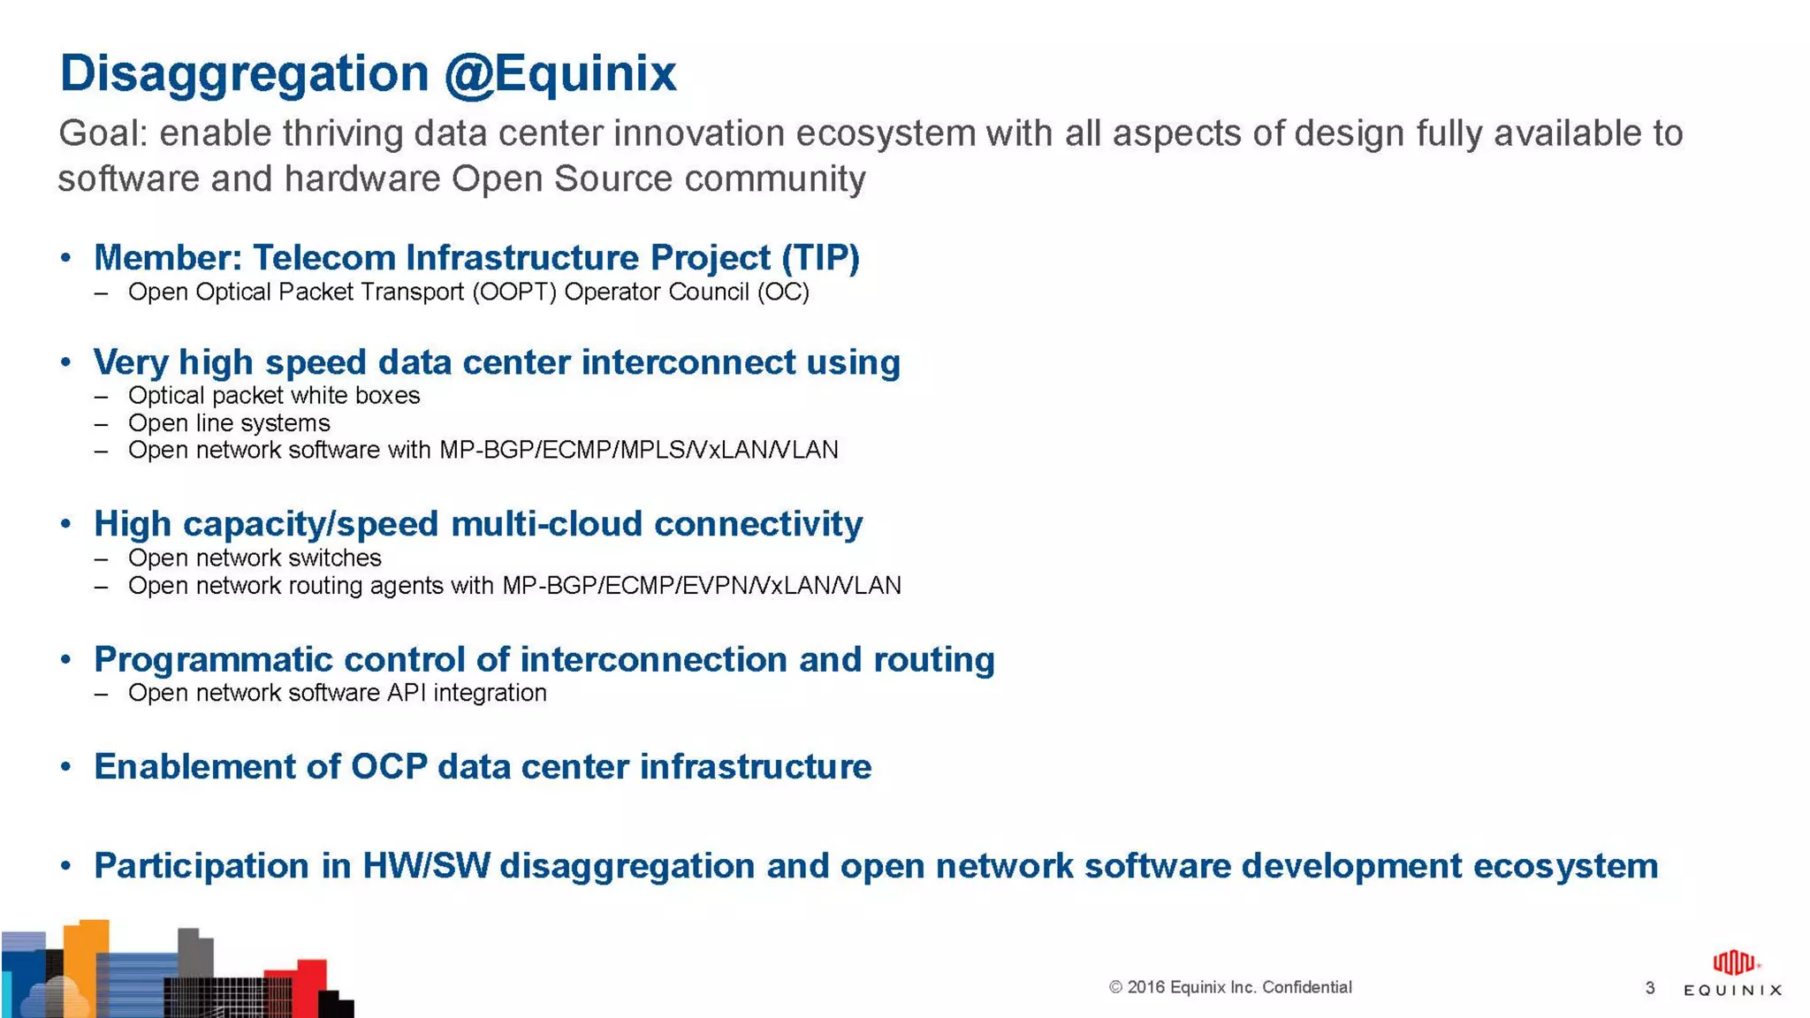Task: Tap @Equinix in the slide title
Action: [x=559, y=74]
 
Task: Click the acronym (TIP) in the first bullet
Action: [x=820, y=258]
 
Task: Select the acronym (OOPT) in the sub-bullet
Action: [x=514, y=292]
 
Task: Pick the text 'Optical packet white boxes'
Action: [x=274, y=396]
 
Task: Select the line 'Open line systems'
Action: [x=229, y=423]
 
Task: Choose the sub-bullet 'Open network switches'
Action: [x=255, y=558]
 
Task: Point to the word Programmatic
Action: [x=212, y=660]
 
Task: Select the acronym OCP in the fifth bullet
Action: [x=389, y=767]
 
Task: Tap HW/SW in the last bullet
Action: [x=426, y=866]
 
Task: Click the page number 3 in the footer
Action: [x=1649, y=988]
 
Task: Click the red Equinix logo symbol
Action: [x=1733, y=962]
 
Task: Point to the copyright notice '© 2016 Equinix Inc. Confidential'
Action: [x=1230, y=987]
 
